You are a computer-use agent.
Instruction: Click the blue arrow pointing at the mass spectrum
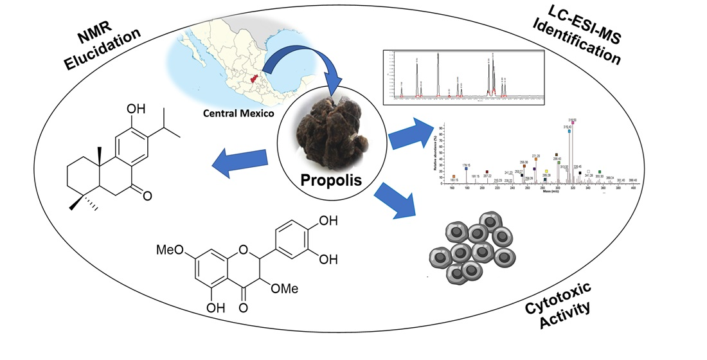[x=411, y=131]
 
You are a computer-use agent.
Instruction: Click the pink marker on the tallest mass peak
[x=573, y=122]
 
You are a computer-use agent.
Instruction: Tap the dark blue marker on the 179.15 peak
[x=466, y=168]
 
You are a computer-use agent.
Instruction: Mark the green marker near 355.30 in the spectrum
[x=600, y=172]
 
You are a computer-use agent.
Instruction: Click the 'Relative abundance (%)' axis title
[x=434, y=153]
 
